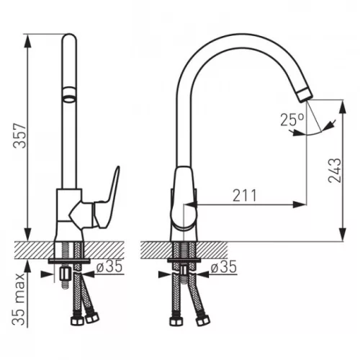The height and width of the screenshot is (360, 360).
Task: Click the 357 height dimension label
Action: [20, 136]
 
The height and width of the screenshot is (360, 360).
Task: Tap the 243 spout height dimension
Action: [334, 171]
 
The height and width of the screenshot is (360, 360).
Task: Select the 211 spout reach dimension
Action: [245, 195]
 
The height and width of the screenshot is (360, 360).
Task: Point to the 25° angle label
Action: [292, 120]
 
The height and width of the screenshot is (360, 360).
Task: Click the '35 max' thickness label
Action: [19, 299]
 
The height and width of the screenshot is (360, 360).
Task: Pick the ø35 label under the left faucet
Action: [109, 267]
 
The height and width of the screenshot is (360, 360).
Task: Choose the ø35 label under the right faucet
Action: [224, 267]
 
